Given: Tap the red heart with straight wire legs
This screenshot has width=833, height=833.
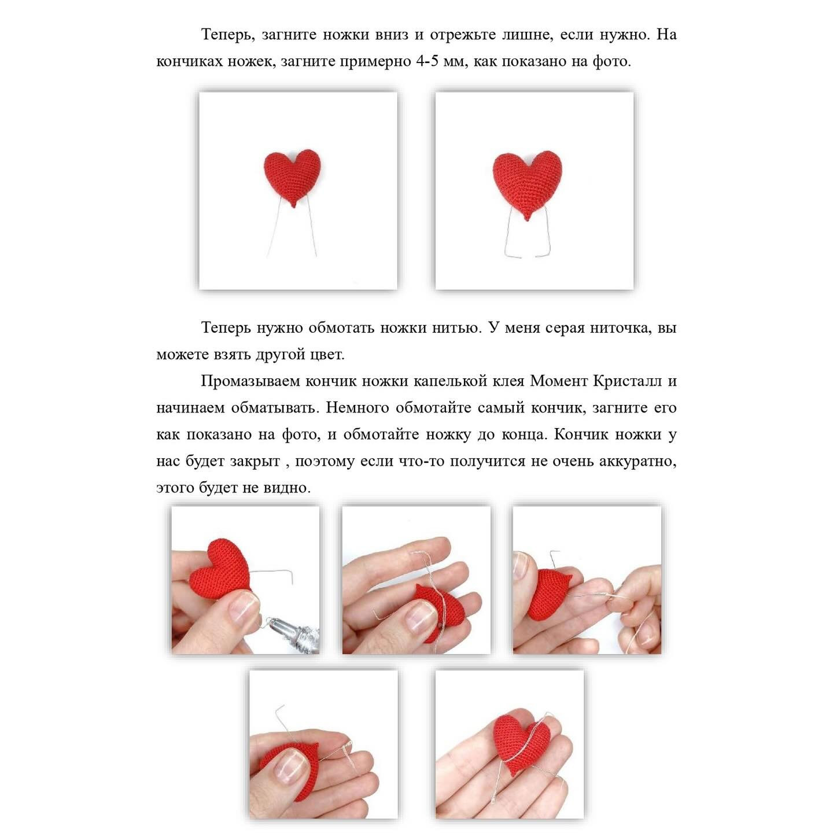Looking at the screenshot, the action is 293,178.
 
